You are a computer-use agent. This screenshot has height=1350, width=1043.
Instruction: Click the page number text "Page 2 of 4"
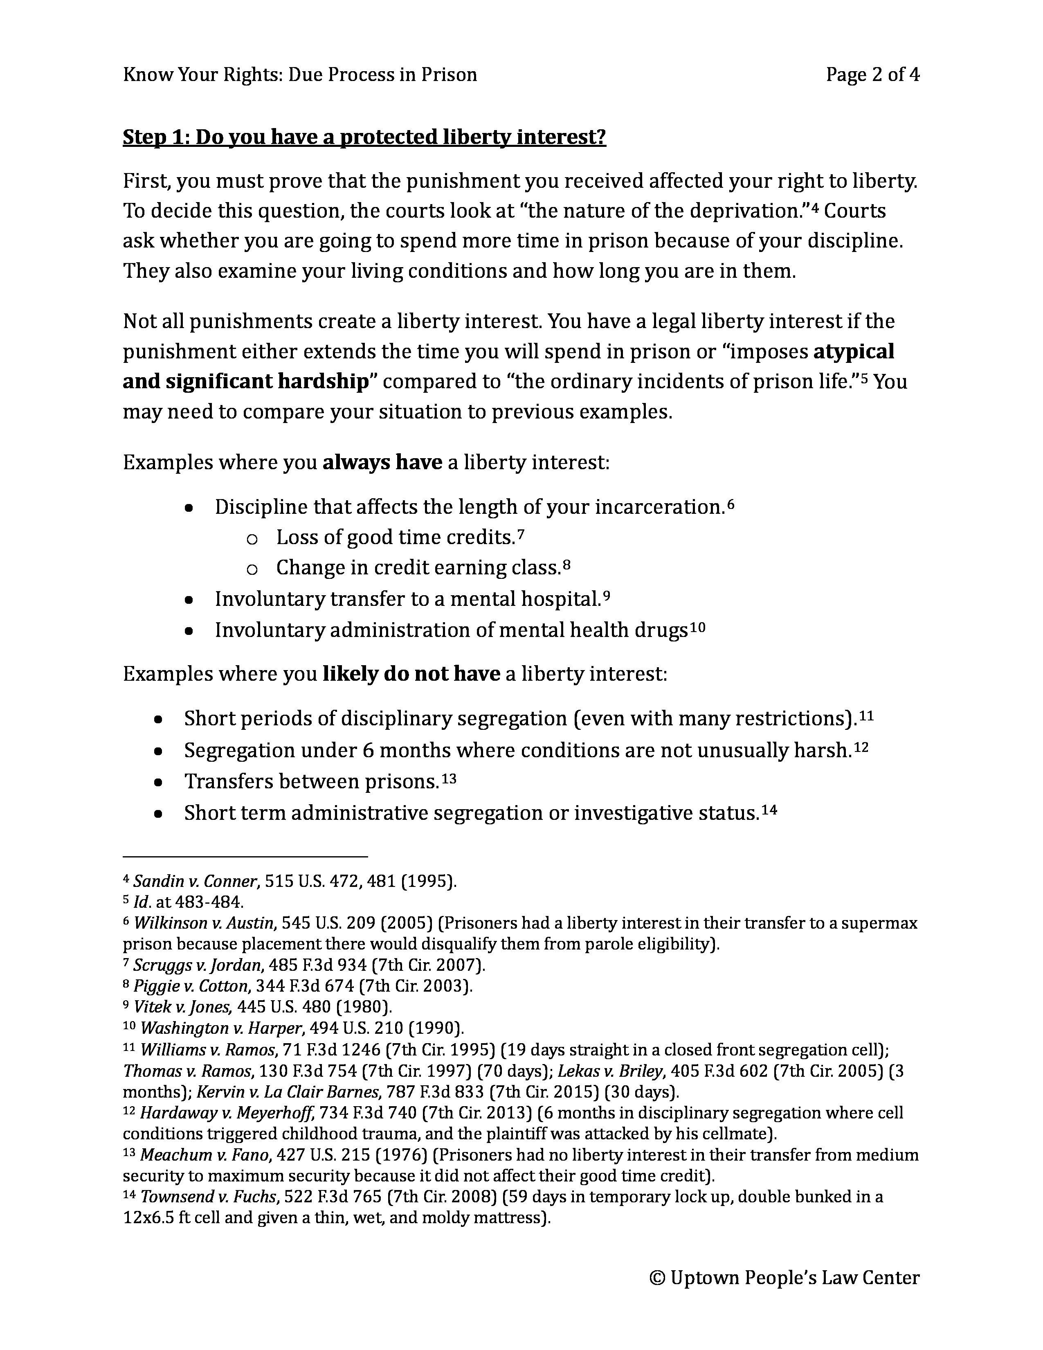pos(872,75)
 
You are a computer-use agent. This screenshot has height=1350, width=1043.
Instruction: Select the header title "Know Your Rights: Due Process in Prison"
pos(300,75)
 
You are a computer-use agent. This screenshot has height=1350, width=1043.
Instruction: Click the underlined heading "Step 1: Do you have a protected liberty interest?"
pos(364,137)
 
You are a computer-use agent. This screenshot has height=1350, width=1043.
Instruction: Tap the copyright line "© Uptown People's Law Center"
pos(784,1277)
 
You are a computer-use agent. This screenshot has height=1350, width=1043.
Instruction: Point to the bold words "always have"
pos(382,462)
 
